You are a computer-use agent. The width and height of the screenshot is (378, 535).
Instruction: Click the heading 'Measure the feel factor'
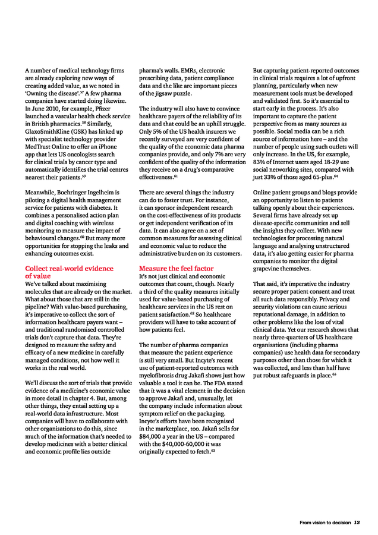click(x=176, y=268)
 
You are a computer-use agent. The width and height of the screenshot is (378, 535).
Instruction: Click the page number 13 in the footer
click(x=357, y=523)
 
